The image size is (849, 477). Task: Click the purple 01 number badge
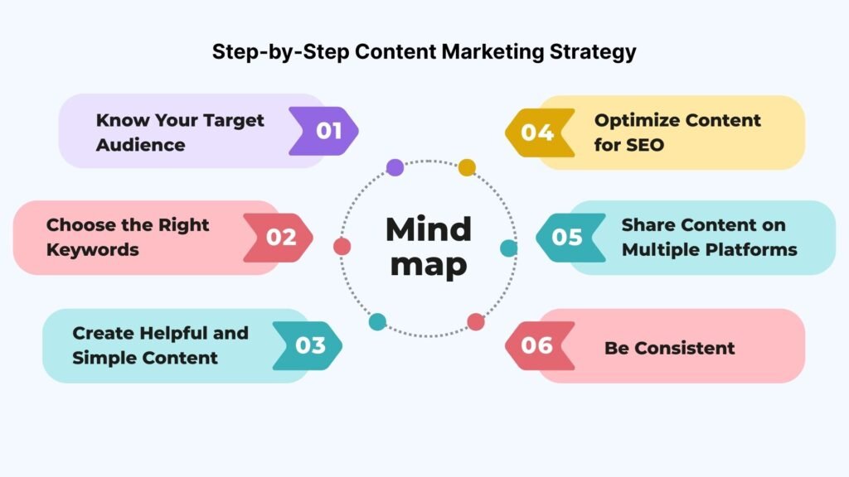(324, 131)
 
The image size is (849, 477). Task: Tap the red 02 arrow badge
(279, 238)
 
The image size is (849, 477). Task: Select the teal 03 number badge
(308, 345)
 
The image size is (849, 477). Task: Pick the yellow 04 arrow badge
(540, 132)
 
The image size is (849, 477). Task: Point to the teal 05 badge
(570, 238)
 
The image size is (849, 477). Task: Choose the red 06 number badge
(540, 345)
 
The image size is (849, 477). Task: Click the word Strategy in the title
(593, 53)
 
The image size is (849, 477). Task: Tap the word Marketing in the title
(492, 52)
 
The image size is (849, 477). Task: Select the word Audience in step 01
(141, 145)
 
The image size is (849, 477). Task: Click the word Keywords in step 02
(93, 250)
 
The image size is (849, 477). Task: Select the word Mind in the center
(429, 229)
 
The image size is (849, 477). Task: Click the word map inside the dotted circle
(429, 266)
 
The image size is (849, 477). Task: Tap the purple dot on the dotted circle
(395, 167)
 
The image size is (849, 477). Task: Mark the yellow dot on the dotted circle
(467, 167)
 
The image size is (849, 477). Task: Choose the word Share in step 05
(647, 225)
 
